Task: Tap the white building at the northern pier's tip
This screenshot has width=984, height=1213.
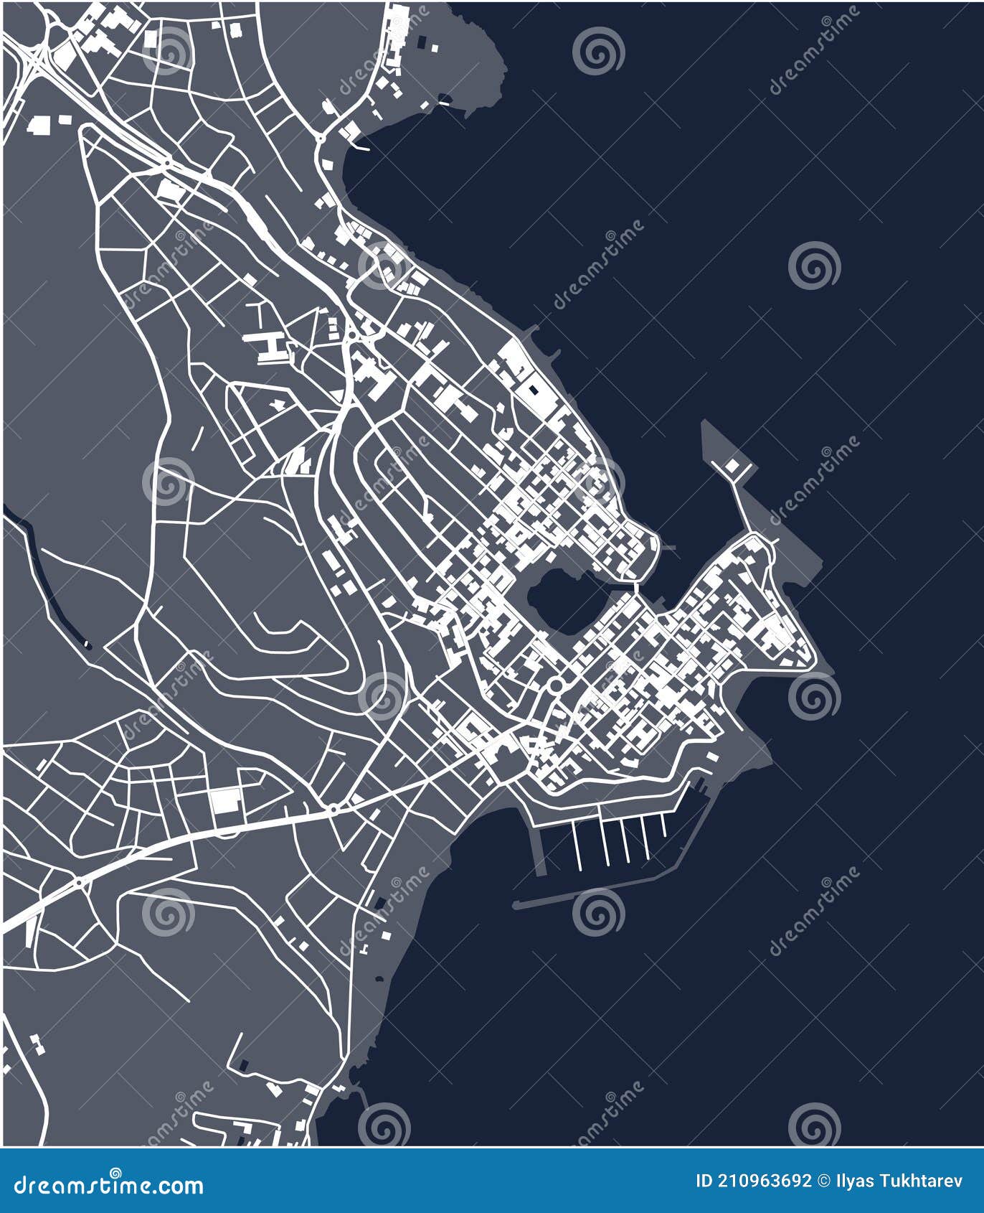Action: (732, 467)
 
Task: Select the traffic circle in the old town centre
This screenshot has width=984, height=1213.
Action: (556, 685)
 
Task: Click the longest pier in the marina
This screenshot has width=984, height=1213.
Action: (577, 847)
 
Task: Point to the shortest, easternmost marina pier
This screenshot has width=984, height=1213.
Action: (663, 825)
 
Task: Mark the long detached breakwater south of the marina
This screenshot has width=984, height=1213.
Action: (574, 896)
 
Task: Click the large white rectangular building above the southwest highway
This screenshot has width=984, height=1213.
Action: (225, 800)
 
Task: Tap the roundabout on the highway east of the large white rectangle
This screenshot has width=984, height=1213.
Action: (333, 810)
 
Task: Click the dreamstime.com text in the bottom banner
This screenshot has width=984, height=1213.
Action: (108, 1184)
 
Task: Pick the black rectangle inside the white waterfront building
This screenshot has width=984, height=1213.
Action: (533, 390)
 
